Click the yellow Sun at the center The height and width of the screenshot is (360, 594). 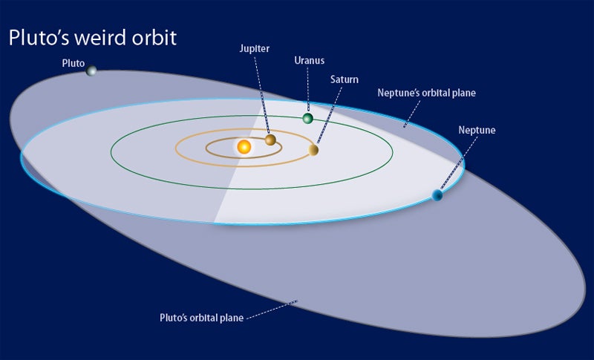pyautogui.click(x=244, y=146)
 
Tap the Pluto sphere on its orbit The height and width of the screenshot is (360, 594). pyautogui.click(x=91, y=71)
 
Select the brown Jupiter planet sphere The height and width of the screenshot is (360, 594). pyautogui.click(x=270, y=140)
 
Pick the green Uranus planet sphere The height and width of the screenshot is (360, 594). pyautogui.click(x=307, y=119)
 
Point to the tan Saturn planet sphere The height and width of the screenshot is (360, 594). pyautogui.click(x=313, y=150)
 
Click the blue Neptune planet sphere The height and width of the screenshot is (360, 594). pyautogui.click(x=437, y=195)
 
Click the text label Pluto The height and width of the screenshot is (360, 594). pyautogui.click(x=73, y=63)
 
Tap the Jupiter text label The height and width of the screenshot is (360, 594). pyautogui.click(x=255, y=48)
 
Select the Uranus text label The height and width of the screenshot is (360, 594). pyautogui.click(x=309, y=60)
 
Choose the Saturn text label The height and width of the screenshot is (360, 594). pyautogui.click(x=344, y=79)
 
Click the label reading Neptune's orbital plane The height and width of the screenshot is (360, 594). pyautogui.click(x=426, y=93)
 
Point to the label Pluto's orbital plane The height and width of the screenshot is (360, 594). pyautogui.click(x=201, y=317)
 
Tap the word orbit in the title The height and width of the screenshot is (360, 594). pyautogui.click(x=154, y=38)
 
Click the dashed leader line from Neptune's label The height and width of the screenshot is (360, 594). pyautogui.click(x=458, y=163)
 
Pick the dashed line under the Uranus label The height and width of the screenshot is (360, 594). pyautogui.click(x=308, y=90)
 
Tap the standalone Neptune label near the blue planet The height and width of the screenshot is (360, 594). pyautogui.click(x=477, y=130)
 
